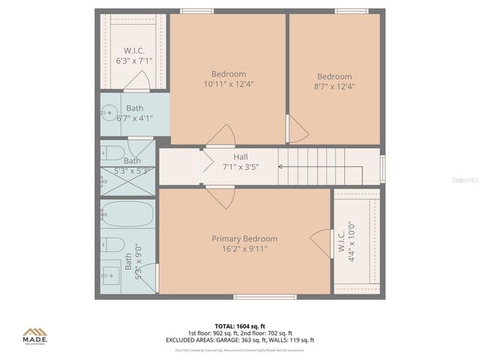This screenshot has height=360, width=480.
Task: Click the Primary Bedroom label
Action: [244, 238]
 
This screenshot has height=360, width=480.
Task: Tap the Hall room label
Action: [240, 156]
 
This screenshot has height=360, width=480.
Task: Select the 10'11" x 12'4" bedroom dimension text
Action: [228, 85]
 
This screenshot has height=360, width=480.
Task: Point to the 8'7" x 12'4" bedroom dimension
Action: [334, 86]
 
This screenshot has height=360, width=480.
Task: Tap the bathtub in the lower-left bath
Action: [127, 214]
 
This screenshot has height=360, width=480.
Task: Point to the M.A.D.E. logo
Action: [34, 334]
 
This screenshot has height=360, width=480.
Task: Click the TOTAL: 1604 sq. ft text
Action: [240, 326]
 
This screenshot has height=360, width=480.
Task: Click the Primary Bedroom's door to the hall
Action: [221, 197]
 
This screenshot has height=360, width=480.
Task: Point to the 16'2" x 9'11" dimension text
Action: [244, 248]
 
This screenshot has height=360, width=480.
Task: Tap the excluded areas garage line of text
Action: [240, 340]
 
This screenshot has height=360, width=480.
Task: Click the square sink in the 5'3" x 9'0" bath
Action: [111, 271]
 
